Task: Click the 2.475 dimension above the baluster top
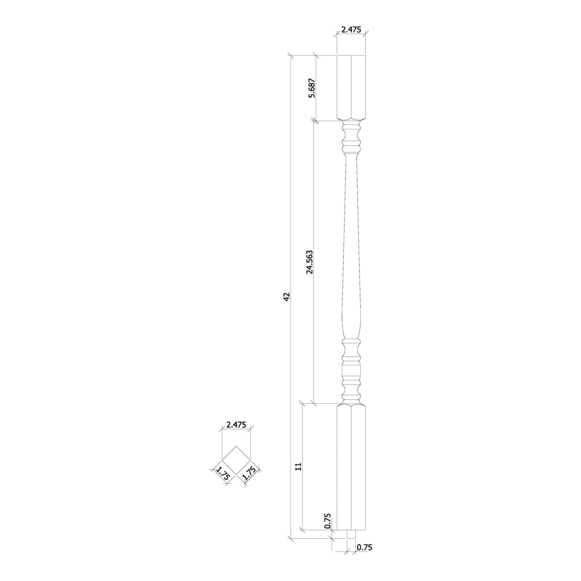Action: pyautogui.click(x=351, y=30)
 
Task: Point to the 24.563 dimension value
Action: pyautogui.click(x=309, y=262)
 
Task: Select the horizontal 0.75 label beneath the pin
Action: pyautogui.click(x=365, y=548)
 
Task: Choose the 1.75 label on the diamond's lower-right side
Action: pyautogui.click(x=249, y=474)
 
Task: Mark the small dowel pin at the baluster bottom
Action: pyautogui.click(x=352, y=535)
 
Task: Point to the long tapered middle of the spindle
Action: pyautogui.click(x=352, y=252)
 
